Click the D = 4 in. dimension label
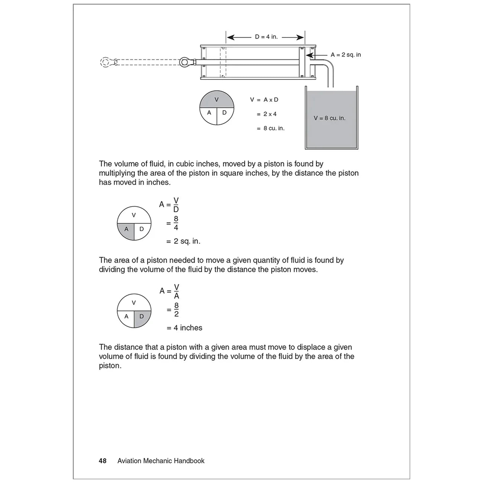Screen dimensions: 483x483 (266, 37)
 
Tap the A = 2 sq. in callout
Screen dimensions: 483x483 (346, 55)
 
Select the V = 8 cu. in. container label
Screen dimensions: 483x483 (330, 118)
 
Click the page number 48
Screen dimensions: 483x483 (103, 461)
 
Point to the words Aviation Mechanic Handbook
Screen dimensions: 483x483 (161, 461)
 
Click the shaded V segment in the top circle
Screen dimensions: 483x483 (217, 100)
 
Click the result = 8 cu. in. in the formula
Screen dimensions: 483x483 (270, 128)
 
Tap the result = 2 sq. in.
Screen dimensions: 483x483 (183, 241)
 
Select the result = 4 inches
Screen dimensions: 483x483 (184, 328)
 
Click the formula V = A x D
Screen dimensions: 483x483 (264, 100)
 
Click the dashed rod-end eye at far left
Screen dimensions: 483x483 (106, 62)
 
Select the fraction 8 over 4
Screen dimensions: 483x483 (176, 223)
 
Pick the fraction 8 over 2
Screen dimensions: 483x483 (176, 310)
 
